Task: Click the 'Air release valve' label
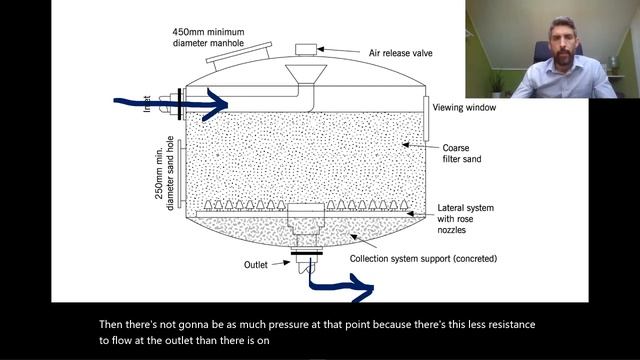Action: (x=400, y=53)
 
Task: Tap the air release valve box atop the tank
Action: (x=306, y=49)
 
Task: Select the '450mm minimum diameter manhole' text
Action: (x=208, y=38)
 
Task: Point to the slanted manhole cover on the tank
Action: (x=239, y=52)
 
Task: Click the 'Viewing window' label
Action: (x=464, y=108)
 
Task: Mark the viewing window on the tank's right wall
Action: (x=426, y=118)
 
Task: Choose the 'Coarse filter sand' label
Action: (x=462, y=153)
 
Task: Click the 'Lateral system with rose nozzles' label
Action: (x=465, y=219)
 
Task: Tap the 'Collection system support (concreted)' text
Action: (x=423, y=259)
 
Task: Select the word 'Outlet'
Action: (x=256, y=265)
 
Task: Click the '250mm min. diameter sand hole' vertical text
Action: (x=164, y=173)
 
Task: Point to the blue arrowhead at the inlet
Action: (x=216, y=105)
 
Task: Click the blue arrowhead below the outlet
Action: (x=362, y=288)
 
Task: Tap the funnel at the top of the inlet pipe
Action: (x=306, y=74)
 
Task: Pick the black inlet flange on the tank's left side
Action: (x=180, y=104)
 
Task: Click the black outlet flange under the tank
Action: (x=307, y=253)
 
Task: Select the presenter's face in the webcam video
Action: (x=562, y=41)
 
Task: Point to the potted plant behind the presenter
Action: (x=496, y=84)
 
